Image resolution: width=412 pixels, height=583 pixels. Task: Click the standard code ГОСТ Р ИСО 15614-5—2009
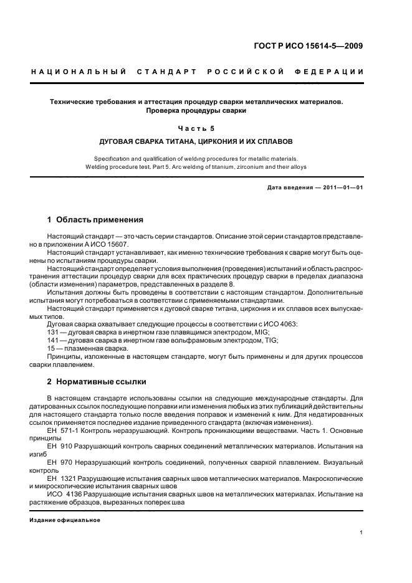tap(313, 45)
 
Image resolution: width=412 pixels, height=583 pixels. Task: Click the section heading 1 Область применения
tap(95, 220)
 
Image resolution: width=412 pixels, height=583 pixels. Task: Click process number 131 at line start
tap(52, 332)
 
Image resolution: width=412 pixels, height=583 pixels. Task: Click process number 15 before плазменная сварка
tap(50, 348)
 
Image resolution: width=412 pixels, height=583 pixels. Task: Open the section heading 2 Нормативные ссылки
tap(96, 381)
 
